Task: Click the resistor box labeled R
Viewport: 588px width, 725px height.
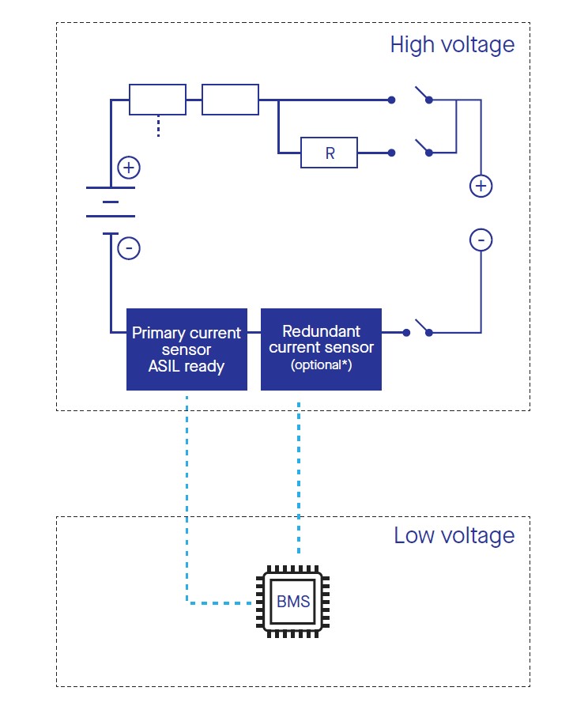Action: (x=329, y=153)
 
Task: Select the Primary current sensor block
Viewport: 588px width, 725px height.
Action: (x=186, y=349)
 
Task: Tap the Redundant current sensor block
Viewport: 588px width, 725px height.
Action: (x=321, y=349)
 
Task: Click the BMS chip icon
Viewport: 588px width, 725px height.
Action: (x=292, y=602)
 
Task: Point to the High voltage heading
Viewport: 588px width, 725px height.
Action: (x=452, y=44)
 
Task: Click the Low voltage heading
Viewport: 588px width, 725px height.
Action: (x=454, y=535)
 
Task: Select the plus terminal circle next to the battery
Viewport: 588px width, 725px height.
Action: (x=128, y=168)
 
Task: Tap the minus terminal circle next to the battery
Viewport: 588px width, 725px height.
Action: (x=128, y=248)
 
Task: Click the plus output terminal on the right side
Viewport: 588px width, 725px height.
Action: (x=481, y=187)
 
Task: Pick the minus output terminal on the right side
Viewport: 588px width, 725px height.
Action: (x=481, y=240)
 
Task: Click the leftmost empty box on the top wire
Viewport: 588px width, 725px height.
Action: (x=157, y=100)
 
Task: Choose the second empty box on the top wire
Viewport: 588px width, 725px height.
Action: (x=230, y=100)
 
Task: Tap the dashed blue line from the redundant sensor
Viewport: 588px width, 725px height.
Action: (x=299, y=474)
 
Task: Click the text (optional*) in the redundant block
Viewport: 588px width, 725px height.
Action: (x=321, y=366)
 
